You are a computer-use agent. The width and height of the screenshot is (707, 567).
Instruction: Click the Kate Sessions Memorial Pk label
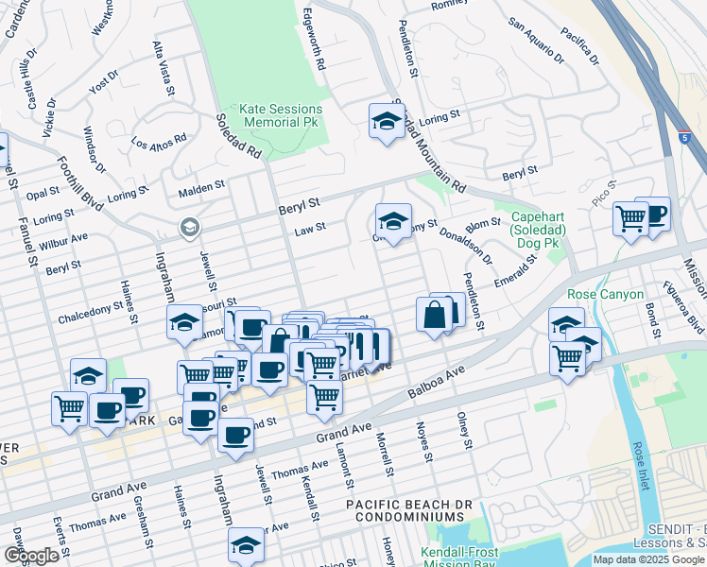(x=282, y=115)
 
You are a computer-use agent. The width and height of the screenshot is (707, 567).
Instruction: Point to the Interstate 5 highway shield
(x=684, y=138)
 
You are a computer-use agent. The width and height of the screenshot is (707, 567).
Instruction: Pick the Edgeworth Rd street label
(x=314, y=42)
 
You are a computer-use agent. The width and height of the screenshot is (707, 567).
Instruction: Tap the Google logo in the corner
(x=31, y=556)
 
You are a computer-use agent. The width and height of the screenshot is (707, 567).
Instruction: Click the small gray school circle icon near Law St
(x=189, y=227)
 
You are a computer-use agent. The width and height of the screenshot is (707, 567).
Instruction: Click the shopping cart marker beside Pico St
(x=630, y=219)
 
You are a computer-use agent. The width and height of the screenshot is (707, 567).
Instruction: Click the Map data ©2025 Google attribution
(x=649, y=559)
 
